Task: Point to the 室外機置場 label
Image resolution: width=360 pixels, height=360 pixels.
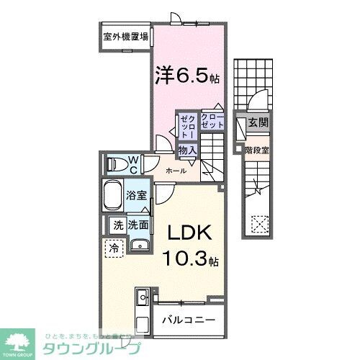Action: [126, 36]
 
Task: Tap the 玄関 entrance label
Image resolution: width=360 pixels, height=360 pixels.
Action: [258, 123]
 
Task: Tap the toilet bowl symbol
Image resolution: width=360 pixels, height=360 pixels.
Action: [116, 164]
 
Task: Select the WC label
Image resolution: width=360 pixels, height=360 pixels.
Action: [133, 164]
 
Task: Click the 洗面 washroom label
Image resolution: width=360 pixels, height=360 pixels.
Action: [138, 225]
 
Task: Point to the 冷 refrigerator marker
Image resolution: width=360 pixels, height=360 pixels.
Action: [114, 248]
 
